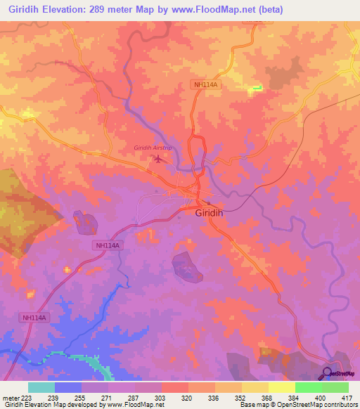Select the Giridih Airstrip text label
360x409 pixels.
(153, 148)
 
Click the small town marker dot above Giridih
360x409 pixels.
(198, 204)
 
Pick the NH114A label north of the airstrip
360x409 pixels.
(206, 85)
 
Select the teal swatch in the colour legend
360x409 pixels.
(41, 387)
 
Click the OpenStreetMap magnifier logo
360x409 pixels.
(328, 372)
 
